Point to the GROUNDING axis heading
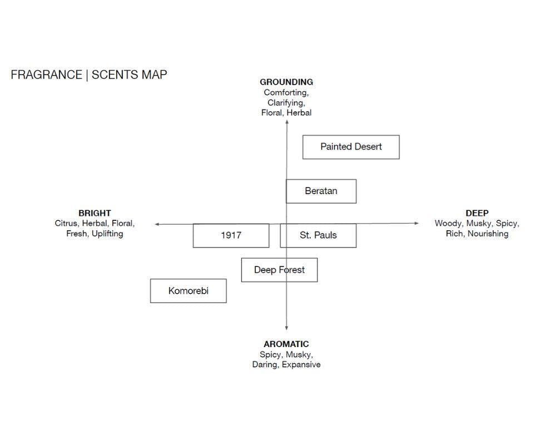(x=286, y=82)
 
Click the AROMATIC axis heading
(x=286, y=344)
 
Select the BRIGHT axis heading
(x=95, y=213)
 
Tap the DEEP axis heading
(x=477, y=213)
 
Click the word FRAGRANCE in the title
(x=47, y=75)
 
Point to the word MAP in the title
(x=154, y=75)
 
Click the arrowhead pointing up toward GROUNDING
(x=287, y=122)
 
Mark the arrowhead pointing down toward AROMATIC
(x=286, y=328)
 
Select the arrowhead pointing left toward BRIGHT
(x=157, y=224)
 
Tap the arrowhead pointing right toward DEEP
(x=416, y=223)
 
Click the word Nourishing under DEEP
(x=488, y=234)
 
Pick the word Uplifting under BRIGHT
(x=107, y=234)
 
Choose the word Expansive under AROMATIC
(x=301, y=365)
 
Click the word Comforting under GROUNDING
(x=286, y=93)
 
